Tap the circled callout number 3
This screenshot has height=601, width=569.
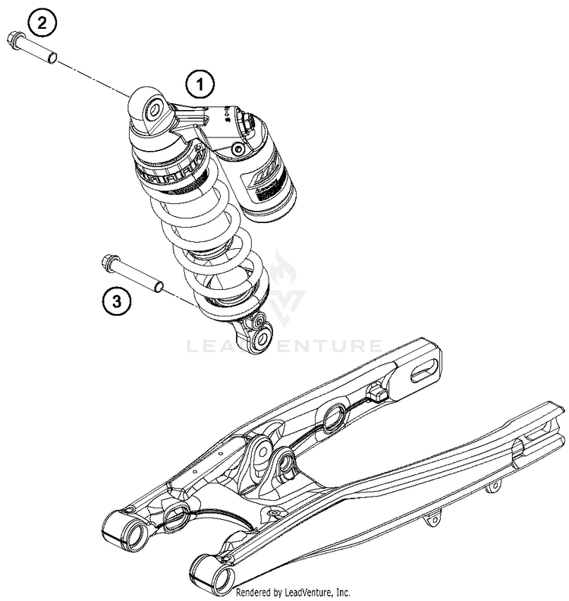point(115,303)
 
